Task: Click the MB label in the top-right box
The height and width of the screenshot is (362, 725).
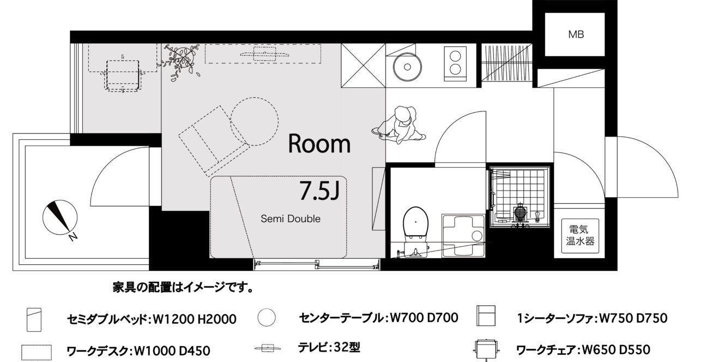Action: (576, 34)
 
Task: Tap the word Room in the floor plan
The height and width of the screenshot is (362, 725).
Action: (319, 144)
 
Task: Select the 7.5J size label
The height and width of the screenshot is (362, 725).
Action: (319, 191)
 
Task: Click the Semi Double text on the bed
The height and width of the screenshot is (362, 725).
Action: (291, 219)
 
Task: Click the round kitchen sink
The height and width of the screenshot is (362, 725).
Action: (407, 67)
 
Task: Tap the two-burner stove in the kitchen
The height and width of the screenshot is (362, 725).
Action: (455, 63)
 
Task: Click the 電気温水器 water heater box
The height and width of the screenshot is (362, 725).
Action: (580, 236)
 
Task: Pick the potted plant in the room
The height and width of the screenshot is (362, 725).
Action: (180, 62)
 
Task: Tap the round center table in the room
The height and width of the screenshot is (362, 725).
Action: (254, 121)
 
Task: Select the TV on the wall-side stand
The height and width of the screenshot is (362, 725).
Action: (263, 54)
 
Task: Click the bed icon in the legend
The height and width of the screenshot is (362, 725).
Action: (34, 319)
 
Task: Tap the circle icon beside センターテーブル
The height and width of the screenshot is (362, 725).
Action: (267, 317)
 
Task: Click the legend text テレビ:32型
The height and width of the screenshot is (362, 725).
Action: (329, 347)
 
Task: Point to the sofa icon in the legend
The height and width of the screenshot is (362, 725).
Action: (486, 316)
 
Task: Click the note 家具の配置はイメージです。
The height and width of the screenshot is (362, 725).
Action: (183, 287)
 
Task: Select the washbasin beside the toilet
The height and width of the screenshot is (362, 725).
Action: (463, 236)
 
